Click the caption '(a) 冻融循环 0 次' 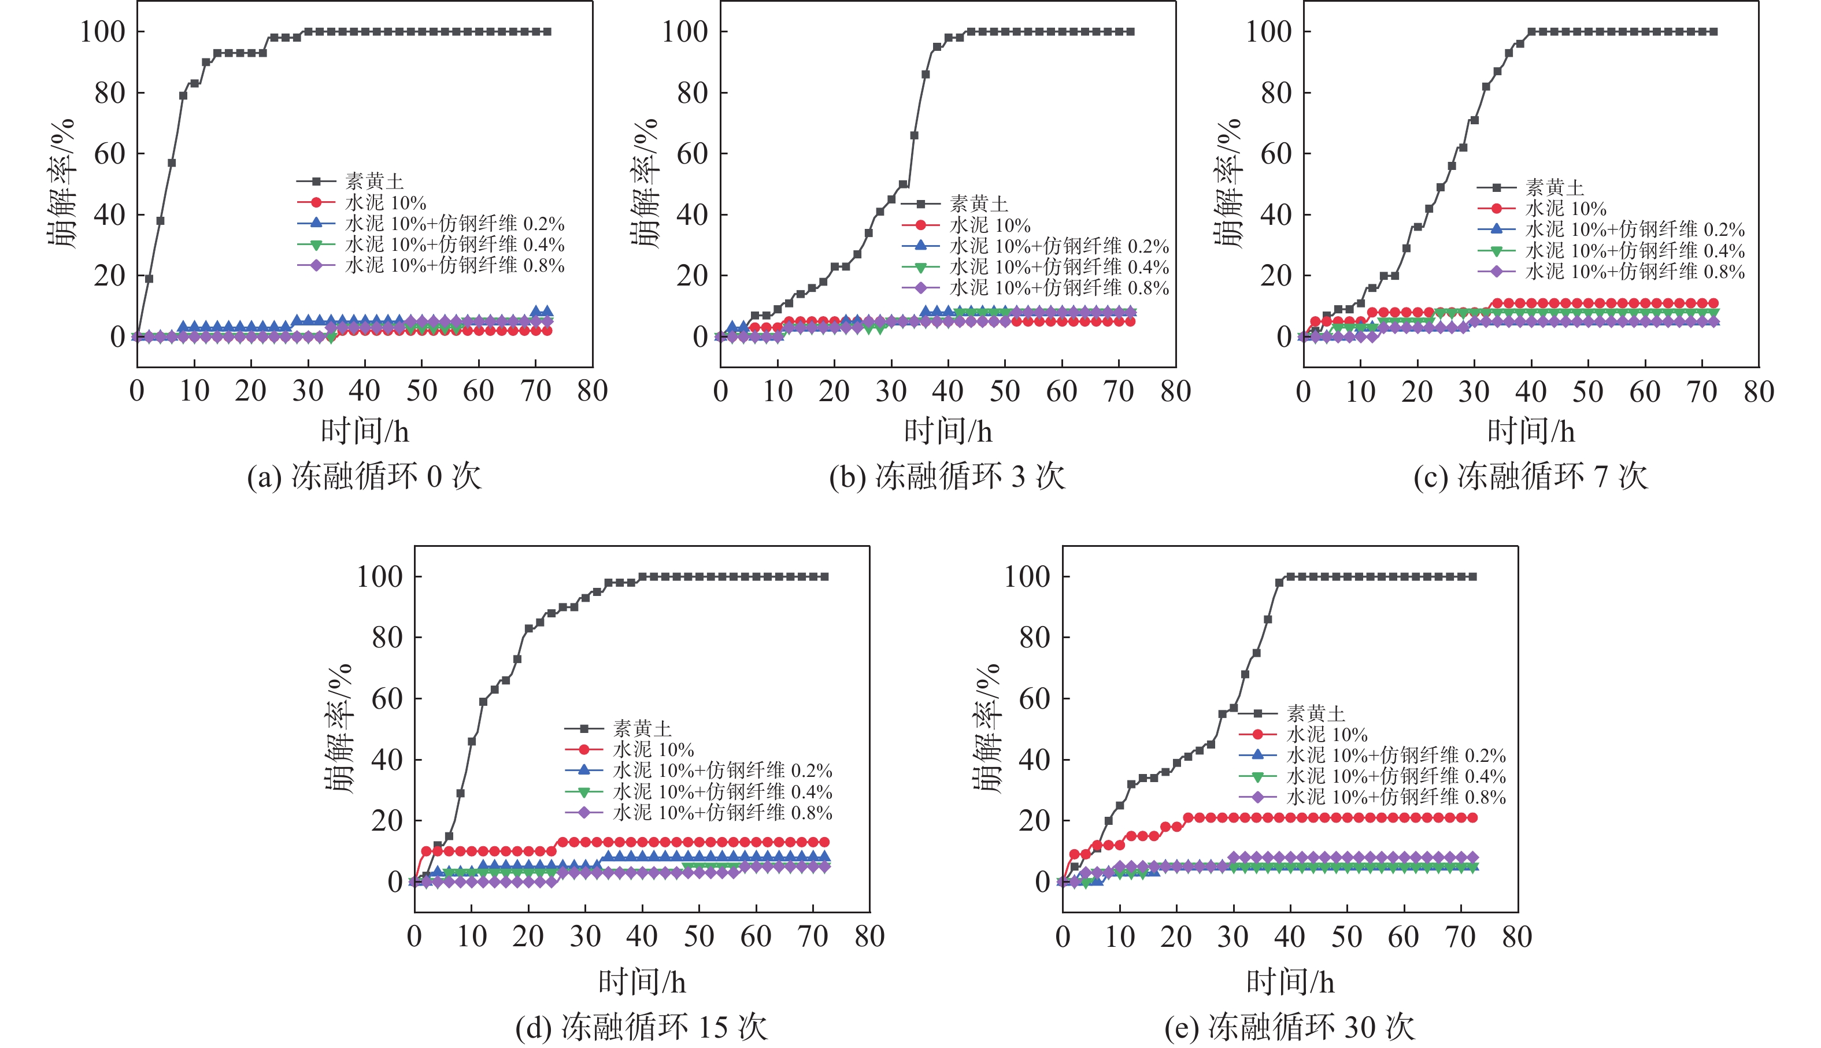coord(364,476)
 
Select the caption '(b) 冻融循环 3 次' coord(946,476)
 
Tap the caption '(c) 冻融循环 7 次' coord(1530,476)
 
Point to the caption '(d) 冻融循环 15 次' coord(641,1027)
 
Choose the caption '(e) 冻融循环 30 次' coord(1289,1027)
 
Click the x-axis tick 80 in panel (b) coord(1175,391)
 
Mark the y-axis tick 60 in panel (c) coord(1275,153)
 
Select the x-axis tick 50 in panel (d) coord(699,936)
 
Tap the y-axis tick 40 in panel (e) coord(1034,760)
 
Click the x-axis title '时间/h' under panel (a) coord(365,432)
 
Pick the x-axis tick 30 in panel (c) coord(1474,391)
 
